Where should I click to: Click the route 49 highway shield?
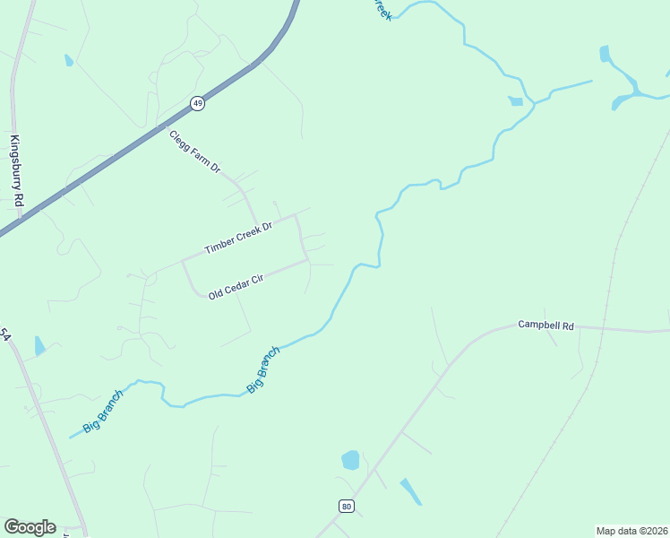click(x=198, y=104)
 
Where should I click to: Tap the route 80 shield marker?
click(x=347, y=507)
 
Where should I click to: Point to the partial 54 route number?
click(x=5, y=334)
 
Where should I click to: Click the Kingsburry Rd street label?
click(x=14, y=171)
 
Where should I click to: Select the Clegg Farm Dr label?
click(x=194, y=152)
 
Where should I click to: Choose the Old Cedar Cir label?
click(x=235, y=287)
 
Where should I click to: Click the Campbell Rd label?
click(x=545, y=325)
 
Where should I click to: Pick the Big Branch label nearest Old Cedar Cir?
click(x=263, y=369)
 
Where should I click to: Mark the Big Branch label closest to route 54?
click(x=103, y=412)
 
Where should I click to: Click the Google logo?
click(x=30, y=527)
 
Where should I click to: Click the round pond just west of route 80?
click(x=350, y=461)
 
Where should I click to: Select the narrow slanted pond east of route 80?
click(x=410, y=491)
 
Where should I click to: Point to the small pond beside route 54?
click(x=39, y=345)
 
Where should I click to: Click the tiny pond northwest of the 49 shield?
click(x=69, y=60)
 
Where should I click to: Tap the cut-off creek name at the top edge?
click(x=382, y=9)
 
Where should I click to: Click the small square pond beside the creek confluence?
click(x=516, y=100)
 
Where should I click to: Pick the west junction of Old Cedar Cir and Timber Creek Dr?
click(x=184, y=262)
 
